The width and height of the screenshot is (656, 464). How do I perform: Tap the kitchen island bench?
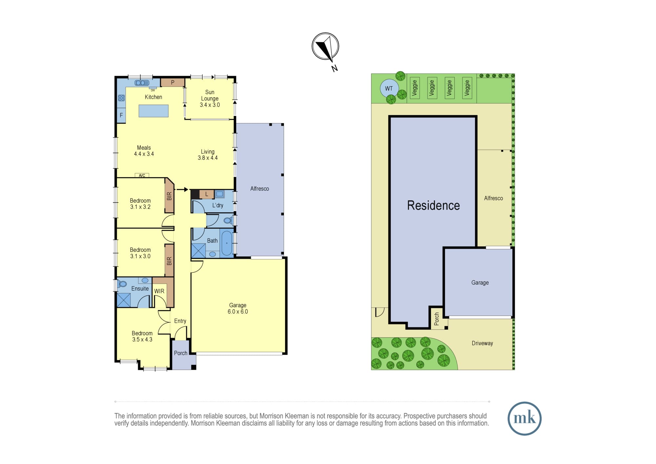coord(154,111)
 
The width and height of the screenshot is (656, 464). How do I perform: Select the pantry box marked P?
coord(173,82)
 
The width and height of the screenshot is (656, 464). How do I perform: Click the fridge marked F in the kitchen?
coord(121,115)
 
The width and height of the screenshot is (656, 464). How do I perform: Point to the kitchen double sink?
coord(142,83)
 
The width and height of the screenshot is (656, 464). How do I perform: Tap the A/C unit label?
coord(142,176)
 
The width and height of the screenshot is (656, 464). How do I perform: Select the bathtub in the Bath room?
coord(227,243)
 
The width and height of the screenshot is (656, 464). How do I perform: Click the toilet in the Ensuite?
coord(122,284)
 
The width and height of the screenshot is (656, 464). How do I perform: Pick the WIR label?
coord(159,291)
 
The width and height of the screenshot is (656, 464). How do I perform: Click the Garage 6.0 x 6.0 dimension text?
coord(238,311)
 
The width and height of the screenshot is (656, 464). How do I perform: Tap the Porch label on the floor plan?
coord(181,353)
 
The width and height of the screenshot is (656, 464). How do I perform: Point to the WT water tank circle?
coord(389,88)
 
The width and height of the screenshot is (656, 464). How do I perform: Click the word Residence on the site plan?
coord(433,205)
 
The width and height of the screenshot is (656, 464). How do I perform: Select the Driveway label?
coord(482,343)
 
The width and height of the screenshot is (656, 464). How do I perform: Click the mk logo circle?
coord(524,418)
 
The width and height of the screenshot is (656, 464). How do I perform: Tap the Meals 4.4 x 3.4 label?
coord(144,151)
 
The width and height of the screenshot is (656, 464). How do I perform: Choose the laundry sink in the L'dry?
coord(219,194)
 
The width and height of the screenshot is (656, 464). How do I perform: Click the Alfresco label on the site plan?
coord(493,198)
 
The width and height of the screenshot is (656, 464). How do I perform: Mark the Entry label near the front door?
coord(180,321)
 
